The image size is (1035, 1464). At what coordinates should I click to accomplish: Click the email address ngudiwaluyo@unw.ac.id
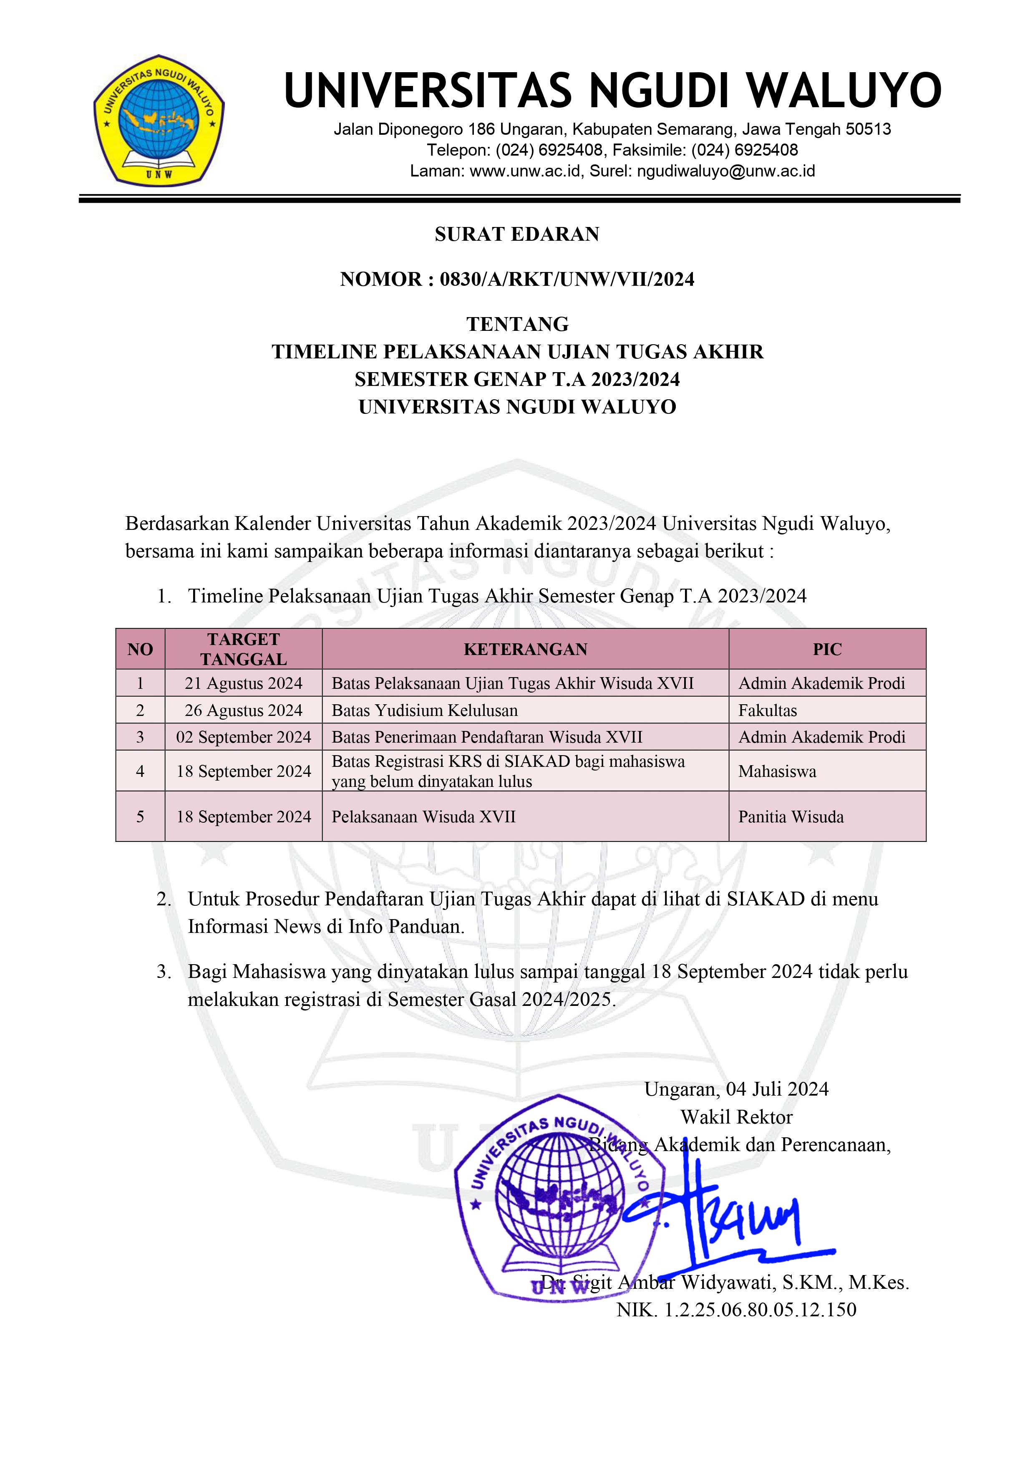726,171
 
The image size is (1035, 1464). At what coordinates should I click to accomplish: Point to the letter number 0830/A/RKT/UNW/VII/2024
567,279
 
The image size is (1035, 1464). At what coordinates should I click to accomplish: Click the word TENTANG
517,325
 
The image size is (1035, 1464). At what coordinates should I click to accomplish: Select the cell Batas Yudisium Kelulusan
424,711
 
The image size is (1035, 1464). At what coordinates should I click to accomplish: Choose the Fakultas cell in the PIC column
767,711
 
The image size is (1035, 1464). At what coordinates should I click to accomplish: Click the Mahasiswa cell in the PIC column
777,771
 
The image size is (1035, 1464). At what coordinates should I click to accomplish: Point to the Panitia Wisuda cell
791,817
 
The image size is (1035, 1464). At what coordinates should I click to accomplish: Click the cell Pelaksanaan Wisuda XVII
423,817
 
